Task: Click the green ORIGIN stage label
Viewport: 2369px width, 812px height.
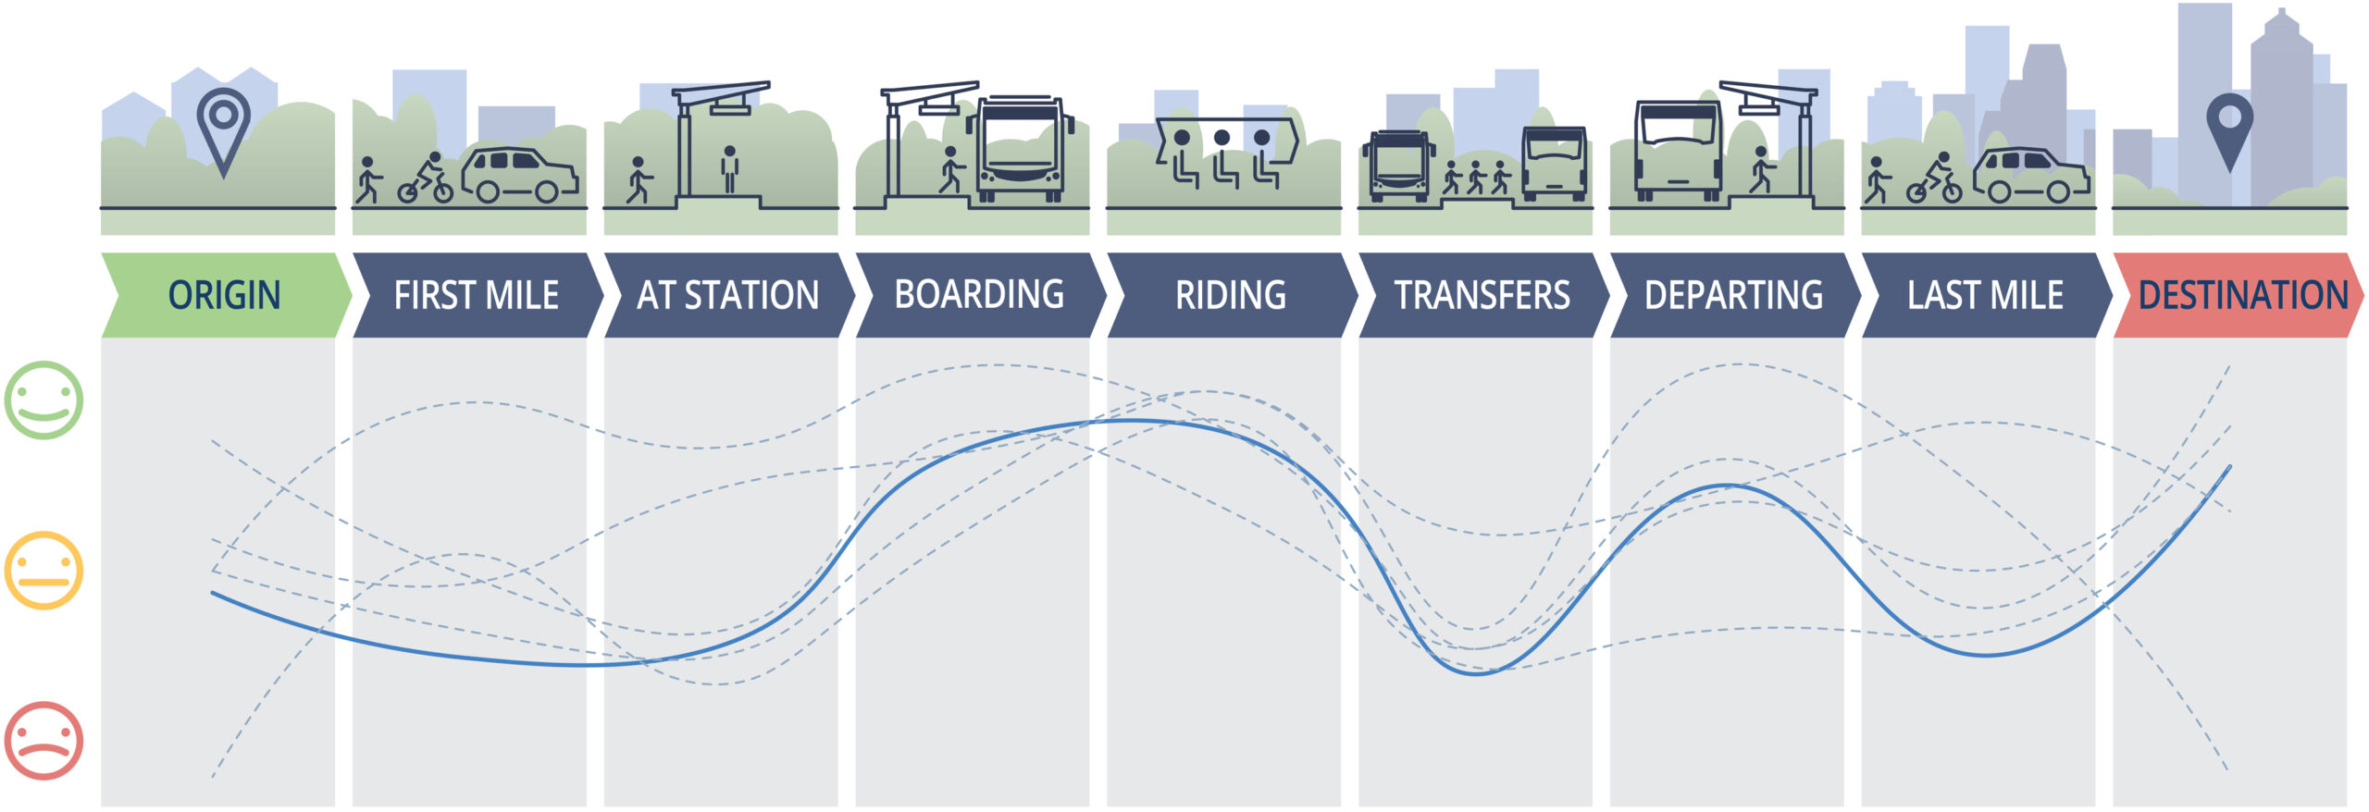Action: click(224, 295)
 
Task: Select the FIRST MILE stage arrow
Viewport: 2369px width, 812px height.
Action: click(476, 295)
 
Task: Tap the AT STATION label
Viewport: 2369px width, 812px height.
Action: click(727, 295)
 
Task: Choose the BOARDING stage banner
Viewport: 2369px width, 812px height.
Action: click(979, 295)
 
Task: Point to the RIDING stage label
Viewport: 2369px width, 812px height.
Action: click(1231, 295)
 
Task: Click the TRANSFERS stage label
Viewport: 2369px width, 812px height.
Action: click(1482, 295)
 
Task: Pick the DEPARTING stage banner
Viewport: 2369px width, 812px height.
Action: click(1733, 295)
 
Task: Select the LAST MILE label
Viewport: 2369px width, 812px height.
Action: click(1985, 295)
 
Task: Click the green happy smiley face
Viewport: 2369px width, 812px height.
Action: click(43, 400)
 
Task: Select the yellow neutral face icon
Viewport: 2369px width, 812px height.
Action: click(43, 570)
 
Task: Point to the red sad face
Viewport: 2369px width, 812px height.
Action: click(43, 741)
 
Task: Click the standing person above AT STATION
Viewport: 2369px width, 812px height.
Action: click(730, 168)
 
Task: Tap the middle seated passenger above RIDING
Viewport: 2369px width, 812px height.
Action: click(1222, 156)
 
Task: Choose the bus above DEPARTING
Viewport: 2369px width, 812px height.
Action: click(1678, 150)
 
